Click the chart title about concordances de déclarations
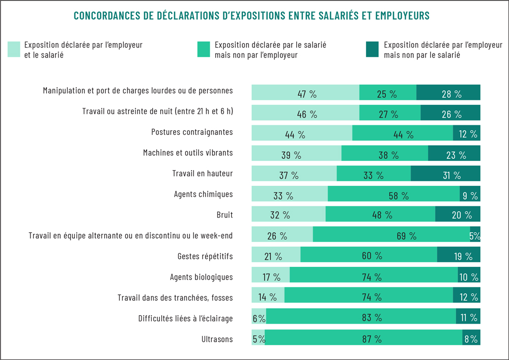pos(251,16)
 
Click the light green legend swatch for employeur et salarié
pos(14,49)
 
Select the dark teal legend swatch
pos(372,49)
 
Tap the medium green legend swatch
pos(204,49)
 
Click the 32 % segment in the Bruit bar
pos(289,214)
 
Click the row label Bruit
pos(224,215)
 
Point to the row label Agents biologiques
pos(202,277)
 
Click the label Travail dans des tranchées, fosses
pos(175,297)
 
